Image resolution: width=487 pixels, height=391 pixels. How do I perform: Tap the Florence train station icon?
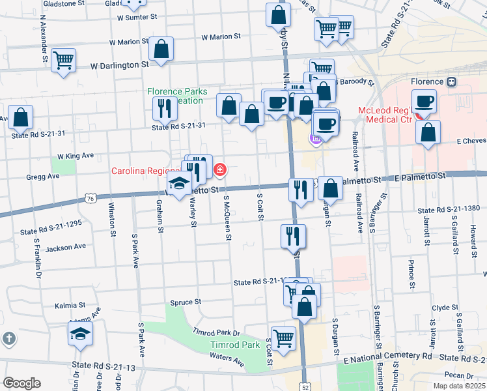451,82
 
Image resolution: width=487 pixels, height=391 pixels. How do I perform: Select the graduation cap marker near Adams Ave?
81,335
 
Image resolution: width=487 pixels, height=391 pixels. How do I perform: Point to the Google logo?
21,383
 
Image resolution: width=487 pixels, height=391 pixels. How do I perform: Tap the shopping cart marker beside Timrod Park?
283,338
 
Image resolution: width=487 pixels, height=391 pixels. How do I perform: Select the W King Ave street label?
76,156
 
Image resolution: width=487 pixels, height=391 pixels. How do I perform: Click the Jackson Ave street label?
66,247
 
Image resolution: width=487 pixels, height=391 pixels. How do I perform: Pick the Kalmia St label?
70,304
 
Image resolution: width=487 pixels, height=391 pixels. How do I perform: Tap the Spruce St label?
186,302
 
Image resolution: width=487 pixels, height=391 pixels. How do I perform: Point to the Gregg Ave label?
44,177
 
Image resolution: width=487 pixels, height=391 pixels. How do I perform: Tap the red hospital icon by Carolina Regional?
220,171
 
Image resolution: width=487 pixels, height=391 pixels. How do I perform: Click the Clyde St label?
446,308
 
